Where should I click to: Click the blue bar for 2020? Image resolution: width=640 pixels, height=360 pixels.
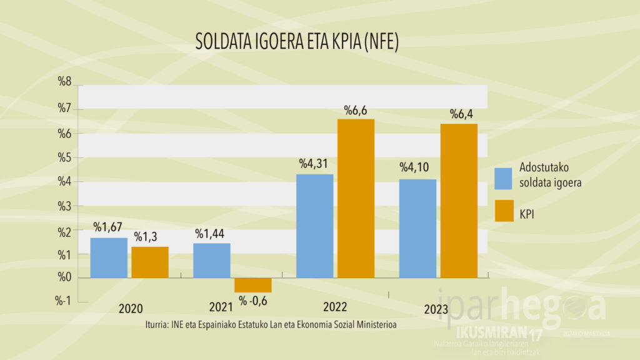pyautogui.click(x=109, y=257)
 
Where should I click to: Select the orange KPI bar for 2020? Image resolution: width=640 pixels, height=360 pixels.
pyautogui.click(x=149, y=262)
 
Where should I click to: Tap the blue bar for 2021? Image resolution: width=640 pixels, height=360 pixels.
pyautogui.click(x=211, y=260)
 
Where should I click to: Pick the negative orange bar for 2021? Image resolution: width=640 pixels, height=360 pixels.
pyautogui.click(x=252, y=285)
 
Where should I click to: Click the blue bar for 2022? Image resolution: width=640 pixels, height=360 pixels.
pyautogui.click(x=314, y=226)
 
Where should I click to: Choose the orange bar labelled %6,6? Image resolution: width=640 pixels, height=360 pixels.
pyautogui.click(x=356, y=198)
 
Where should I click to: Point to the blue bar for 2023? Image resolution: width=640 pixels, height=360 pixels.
pyautogui.click(x=417, y=228)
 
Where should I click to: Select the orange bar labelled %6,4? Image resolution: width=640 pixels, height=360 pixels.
pyautogui.click(x=459, y=201)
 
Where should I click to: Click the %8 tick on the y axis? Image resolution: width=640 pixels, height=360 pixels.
pyautogui.click(x=65, y=81)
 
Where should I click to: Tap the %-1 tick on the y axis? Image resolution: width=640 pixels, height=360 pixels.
pyautogui.click(x=64, y=301)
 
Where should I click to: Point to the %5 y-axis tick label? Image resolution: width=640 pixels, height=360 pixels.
pyautogui.click(x=65, y=157)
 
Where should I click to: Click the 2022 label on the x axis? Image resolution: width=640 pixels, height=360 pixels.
pyautogui.click(x=335, y=308)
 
